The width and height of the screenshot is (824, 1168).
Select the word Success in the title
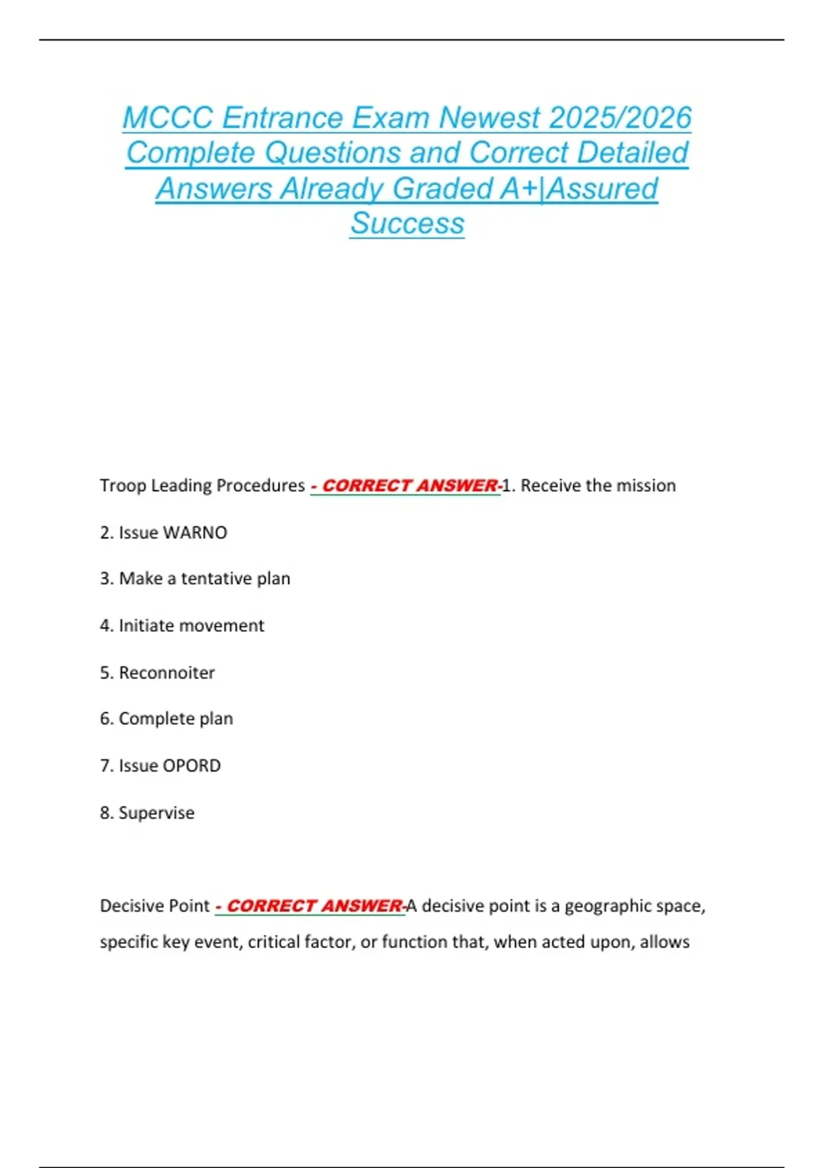[407, 223]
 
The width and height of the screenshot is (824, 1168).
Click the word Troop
[123, 486]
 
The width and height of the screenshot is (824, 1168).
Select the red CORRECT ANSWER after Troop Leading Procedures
[410, 486]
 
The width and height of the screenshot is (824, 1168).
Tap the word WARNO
[195, 532]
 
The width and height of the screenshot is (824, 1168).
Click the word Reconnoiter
[167, 673]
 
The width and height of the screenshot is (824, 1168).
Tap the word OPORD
[192, 765]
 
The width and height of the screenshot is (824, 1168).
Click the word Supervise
[157, 813]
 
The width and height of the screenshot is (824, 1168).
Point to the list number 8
[106, 813]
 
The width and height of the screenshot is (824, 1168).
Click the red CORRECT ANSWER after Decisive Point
[314, 906]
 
